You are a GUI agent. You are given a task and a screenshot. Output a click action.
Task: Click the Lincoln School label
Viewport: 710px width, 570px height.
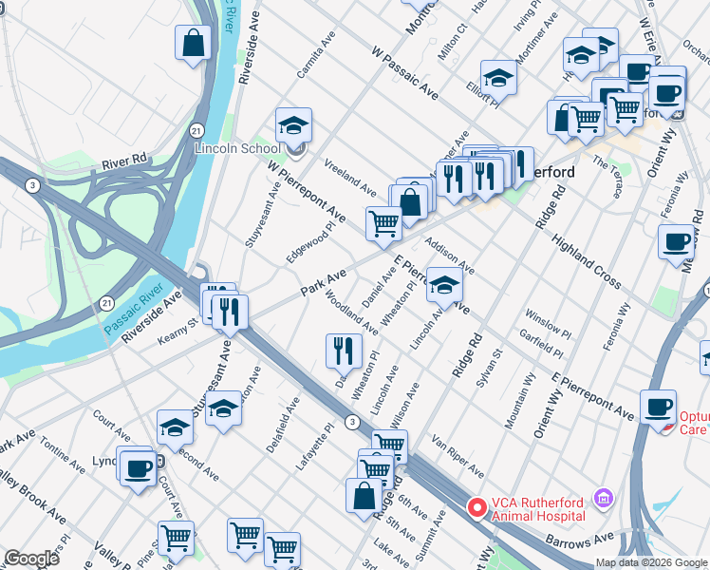[237, 148]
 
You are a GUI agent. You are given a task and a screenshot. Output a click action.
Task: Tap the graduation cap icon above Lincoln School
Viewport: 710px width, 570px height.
[294, 125]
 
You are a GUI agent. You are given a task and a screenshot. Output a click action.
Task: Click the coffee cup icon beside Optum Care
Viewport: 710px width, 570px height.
[658, 408]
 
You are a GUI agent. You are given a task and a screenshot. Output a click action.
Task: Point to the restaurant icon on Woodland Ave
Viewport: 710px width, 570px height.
[344, 350]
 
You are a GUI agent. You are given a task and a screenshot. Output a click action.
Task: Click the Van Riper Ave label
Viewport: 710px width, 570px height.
[458, 456]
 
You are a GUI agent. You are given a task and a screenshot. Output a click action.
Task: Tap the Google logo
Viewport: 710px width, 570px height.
[31, 559]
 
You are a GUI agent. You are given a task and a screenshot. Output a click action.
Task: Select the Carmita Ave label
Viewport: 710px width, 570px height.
[316, 64]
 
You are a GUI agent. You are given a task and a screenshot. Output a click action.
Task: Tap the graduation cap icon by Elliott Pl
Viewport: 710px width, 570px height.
[498, 77]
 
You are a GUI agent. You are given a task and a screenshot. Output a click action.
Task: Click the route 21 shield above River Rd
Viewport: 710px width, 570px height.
[195, 128]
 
